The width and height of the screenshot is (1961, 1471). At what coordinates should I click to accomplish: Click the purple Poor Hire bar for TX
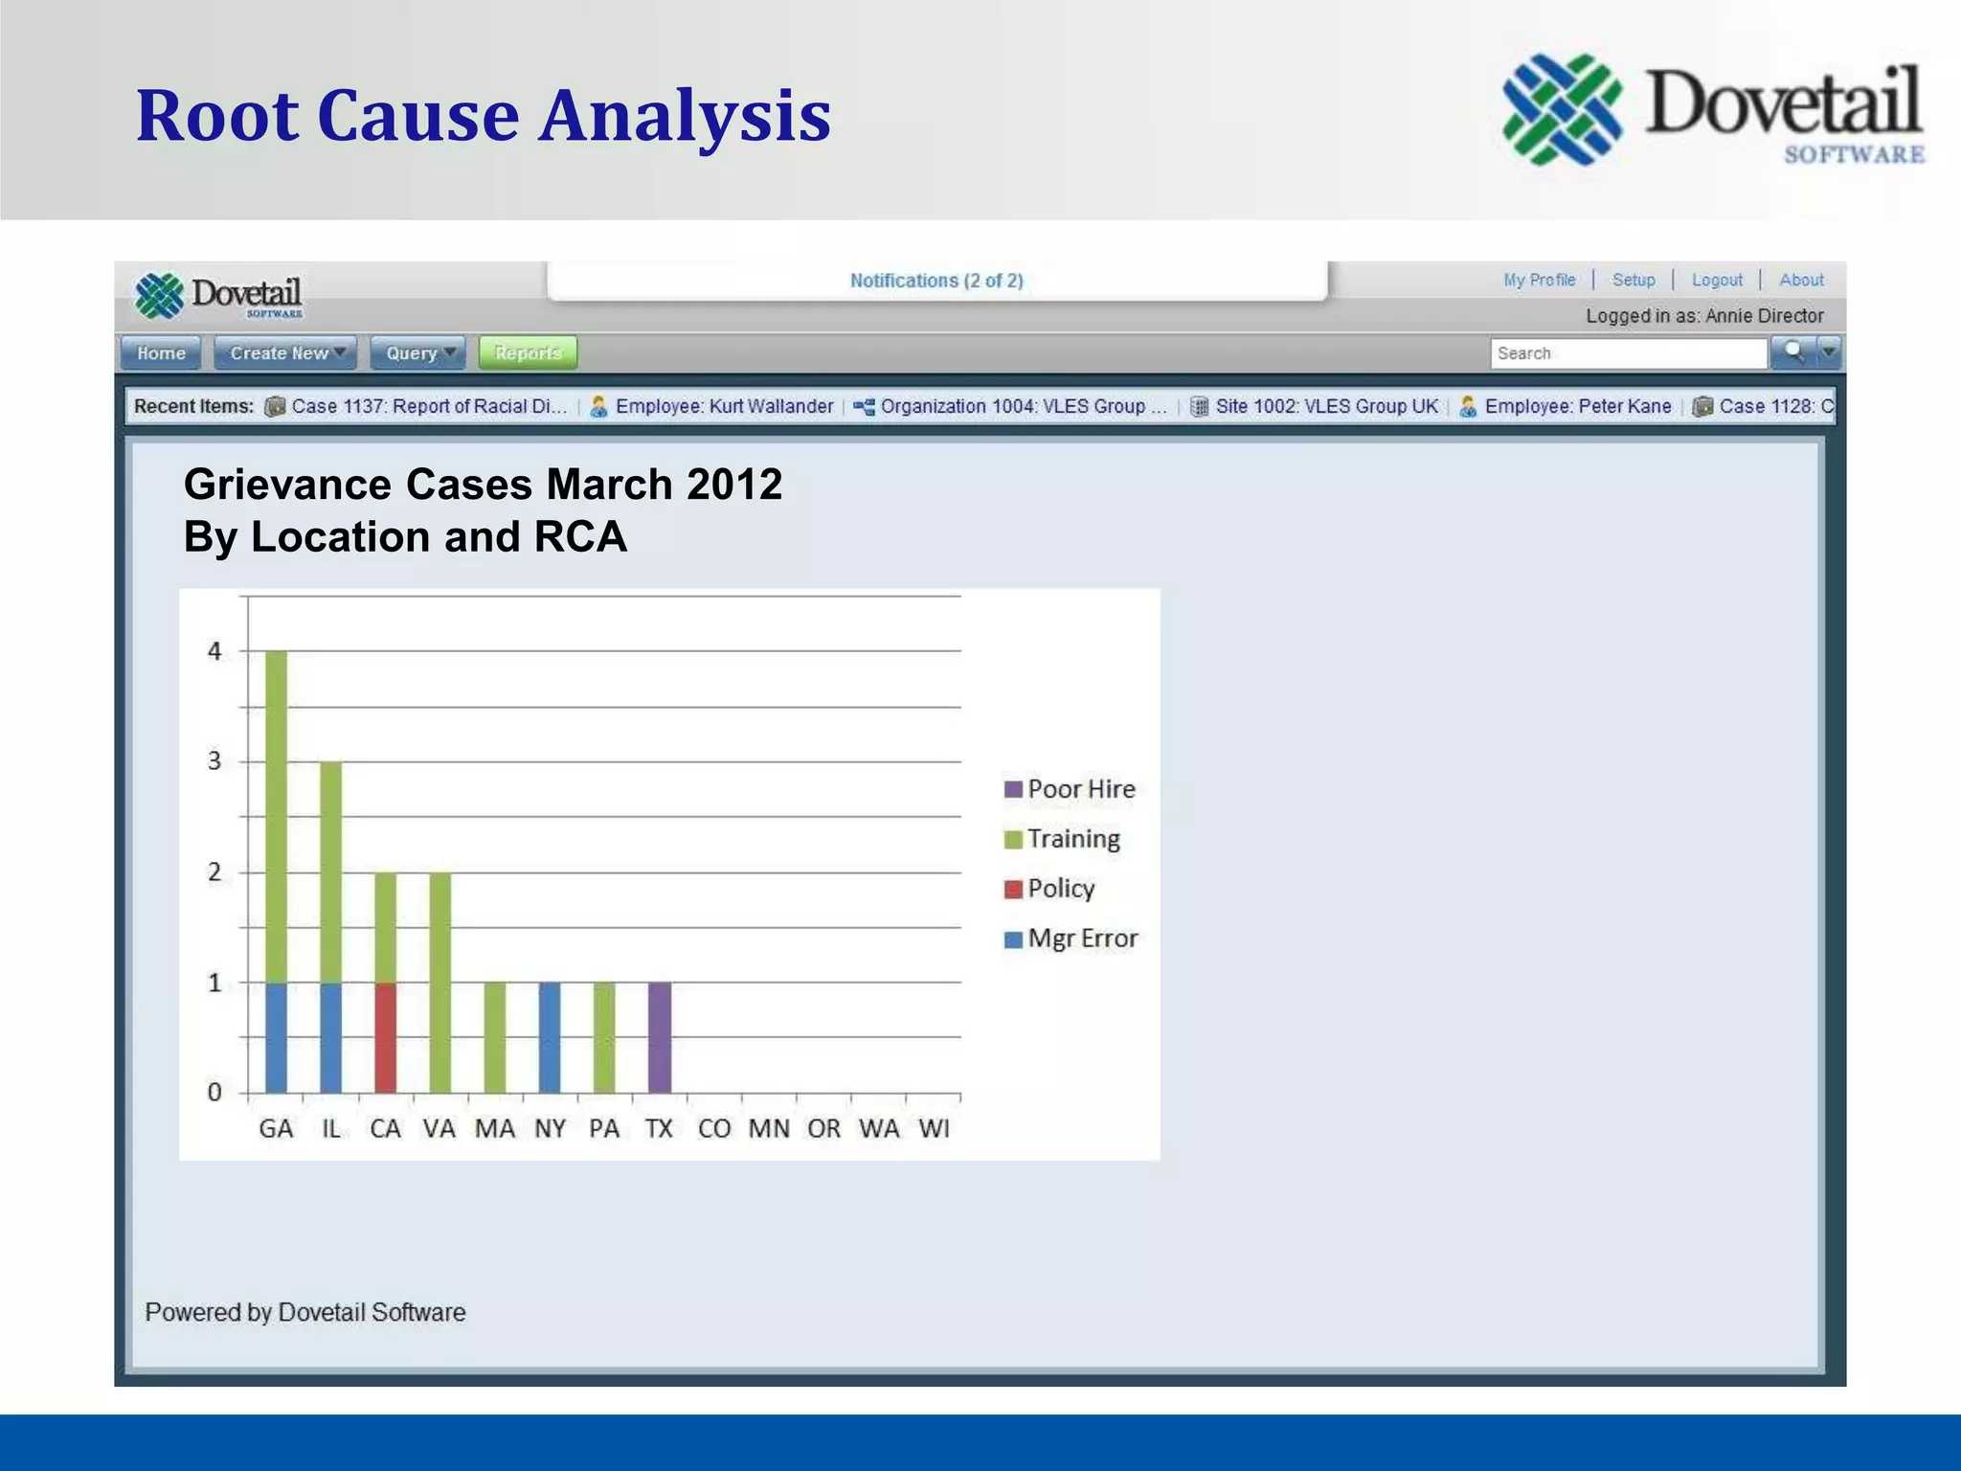[659, 1037]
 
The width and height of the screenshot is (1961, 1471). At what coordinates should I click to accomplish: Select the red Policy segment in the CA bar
[385, 1037]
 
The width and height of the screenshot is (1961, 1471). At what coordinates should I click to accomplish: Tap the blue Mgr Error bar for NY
[550, 1037]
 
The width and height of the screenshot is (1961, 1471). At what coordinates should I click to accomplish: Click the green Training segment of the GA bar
[276, 816]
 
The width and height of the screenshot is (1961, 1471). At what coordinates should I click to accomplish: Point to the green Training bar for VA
[440, 983]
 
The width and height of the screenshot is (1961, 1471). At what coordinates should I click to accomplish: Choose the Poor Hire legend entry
[1070, 789]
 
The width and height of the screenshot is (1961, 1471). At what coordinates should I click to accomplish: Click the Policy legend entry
[1049, 889]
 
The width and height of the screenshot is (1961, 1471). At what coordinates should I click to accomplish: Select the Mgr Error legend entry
[1071, 939]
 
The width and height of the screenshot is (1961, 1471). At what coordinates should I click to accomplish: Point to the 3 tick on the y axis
[214, 761]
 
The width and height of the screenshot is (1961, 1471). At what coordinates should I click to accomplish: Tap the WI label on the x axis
[934, 1129]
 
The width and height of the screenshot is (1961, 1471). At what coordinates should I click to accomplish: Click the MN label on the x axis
[769, 1129]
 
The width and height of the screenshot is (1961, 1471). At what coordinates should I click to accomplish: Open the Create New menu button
[285, 353]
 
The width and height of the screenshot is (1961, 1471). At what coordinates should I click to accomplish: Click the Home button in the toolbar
[161, 353]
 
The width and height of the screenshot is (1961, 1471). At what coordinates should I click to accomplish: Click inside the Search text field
[1628, 353]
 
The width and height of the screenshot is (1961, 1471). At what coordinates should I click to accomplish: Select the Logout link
[1717, 280]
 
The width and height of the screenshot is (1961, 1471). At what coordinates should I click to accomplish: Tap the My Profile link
[1539, 280]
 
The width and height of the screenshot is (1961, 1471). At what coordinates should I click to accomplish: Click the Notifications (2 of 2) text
[936, 281]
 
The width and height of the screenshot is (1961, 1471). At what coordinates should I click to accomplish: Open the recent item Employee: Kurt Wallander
[723, 406]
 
